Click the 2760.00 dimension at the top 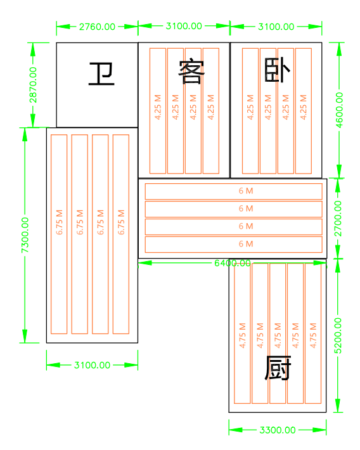[97, 27]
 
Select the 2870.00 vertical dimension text [33, 85]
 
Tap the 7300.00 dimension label [25, 235]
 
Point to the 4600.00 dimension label [339, 110]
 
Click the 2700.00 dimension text [338, 219]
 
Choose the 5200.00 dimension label [338, 335]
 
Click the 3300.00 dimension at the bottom [278, 430]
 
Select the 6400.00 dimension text [233, 263]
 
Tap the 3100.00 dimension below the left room [92, 365]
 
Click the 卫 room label [101, 74]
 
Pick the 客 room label [191, 72]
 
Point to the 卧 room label [278, 70]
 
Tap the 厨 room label [278, 368]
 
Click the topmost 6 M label [246, 191]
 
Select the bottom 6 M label [246, 244]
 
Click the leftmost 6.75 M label [59, 222]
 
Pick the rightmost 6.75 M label [121, 222]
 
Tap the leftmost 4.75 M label [243, 335]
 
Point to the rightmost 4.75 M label [313, 335]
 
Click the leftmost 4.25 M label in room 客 [158, 107]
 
